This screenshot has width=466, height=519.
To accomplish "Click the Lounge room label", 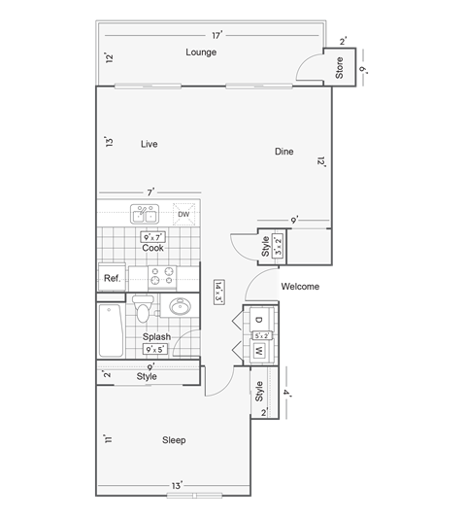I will (x=201, y=52).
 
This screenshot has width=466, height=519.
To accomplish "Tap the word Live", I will (x=149, y=144).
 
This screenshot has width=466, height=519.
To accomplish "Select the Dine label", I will (x=283, y=152).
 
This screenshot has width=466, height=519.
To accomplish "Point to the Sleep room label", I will (x=174, y=440).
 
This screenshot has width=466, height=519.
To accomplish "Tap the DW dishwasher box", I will (x=183, y=215).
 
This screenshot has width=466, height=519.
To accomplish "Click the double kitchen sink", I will (x=147, y=215).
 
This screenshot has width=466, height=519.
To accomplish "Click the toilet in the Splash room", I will (x=144, y=311).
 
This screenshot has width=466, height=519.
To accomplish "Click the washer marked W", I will (x=260, y=350).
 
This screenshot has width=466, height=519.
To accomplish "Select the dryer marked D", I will (x=260, y=320).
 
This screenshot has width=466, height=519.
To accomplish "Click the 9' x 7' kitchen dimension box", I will (x=152, y=236).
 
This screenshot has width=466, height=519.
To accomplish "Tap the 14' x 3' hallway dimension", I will (x=219, y=292).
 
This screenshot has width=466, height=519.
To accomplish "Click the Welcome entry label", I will (x=299, y=288).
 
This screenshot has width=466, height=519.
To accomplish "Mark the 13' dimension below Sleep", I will (x=177, y=484).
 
